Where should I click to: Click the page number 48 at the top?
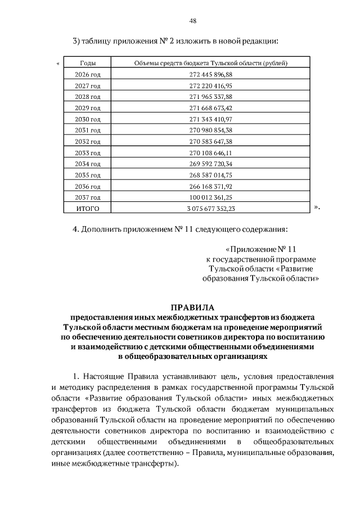coord(192,21)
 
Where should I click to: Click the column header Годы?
coord(88,63)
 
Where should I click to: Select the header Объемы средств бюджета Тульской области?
coord(210,63)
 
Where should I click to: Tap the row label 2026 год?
coord(88,74)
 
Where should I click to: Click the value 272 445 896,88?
coord(210,74)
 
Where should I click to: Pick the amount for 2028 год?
coord(210,97)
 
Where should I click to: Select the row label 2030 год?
coord(88,119)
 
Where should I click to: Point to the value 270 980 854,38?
coord(210,130)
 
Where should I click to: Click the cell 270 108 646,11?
coord(210,152)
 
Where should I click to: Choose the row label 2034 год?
coord(88,164)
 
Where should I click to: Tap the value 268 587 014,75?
coord(210,175)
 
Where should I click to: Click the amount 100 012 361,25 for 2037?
coord(210,197)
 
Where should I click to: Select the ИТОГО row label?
coord(88,209)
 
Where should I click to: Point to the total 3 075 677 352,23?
coord(210,209)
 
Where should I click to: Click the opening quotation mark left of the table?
coord(58,62)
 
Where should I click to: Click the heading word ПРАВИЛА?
coord(192,307)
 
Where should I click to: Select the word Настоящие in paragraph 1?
coord(105,376)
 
